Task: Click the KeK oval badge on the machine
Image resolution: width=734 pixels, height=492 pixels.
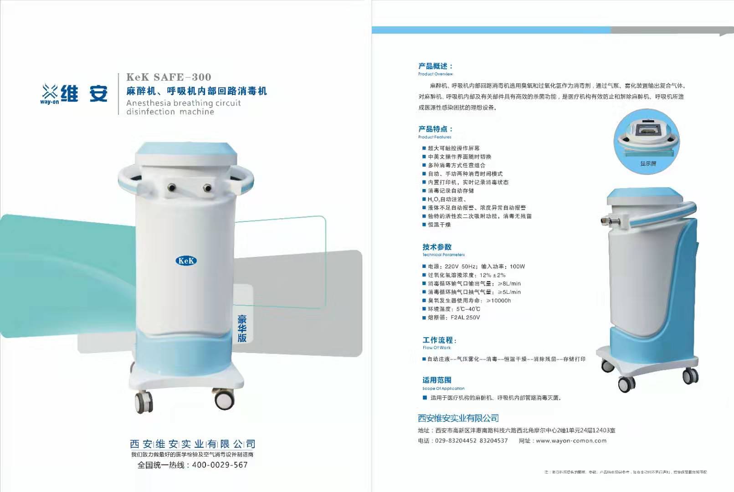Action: pos(186,261)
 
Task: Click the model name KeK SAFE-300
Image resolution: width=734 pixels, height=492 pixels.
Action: pos(169,77)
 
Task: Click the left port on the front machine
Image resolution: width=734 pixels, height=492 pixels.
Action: pos(172,187)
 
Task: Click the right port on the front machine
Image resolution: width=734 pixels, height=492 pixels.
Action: pos(207,187)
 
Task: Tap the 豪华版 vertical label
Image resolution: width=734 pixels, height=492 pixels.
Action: pos(242,328)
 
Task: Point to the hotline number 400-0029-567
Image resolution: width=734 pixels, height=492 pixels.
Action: pos(220,465)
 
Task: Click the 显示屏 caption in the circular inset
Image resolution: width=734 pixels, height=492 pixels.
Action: pos(648,164)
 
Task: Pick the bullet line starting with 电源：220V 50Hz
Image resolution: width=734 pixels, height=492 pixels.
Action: pos(476,266)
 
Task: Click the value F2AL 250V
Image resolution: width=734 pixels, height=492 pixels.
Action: pos(465,318)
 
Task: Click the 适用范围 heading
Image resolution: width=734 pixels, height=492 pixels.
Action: pos(436,380)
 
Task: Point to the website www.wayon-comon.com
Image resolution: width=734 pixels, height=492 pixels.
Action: pos(571,441)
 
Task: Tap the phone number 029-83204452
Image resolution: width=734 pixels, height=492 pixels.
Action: pos(456,441)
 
